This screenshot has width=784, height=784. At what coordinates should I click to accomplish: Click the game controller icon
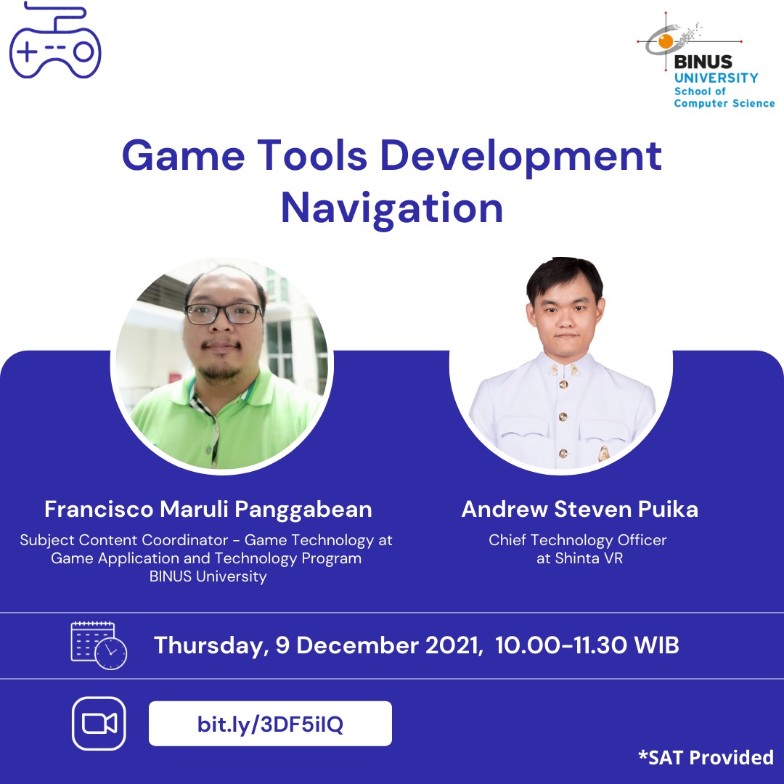[x=55, y=40]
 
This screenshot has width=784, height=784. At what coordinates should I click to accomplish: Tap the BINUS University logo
[x=706, y=60]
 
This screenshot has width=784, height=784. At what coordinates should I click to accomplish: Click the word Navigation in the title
[x=392, y=209]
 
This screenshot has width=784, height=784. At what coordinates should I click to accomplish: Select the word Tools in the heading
[x=312, y=155]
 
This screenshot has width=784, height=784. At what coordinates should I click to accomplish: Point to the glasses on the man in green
[x=224, y=314]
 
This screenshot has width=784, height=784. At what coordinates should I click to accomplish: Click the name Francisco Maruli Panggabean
[x=208, y=510]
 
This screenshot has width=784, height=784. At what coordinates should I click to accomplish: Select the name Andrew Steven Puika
[x=579, y=509]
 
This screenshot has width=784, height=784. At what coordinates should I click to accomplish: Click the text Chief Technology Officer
[x=578, y=540]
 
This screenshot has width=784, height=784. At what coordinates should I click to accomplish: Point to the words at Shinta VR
[x=579, y=558]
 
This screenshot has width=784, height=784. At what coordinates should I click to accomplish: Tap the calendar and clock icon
[x=99, y=645]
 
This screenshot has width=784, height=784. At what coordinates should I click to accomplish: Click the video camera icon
[x=99, y=724]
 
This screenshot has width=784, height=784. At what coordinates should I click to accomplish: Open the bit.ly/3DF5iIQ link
[x=270, y=724]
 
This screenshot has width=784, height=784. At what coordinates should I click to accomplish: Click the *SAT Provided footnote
[x=706, y=757]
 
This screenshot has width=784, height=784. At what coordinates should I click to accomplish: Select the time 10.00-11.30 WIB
[x=587, y=645]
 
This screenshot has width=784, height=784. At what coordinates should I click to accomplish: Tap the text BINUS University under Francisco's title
[x=208, y=576]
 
